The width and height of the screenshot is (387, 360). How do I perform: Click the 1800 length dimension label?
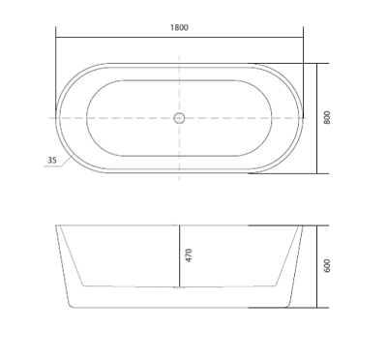coord(179,27)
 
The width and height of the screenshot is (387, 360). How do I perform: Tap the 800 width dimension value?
coord(327,118)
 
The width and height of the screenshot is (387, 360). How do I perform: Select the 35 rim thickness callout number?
coord(52,160)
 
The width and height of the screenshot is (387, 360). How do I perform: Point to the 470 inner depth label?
coord(189,255)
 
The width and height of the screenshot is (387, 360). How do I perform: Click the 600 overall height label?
coord(327,266)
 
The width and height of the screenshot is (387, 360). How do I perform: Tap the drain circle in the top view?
coord(179,118)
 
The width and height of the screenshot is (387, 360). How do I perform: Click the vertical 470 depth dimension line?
coord(180,255)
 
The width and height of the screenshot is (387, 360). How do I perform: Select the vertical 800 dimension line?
coord(317,118)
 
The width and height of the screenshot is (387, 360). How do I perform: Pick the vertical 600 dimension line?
coord(317,266)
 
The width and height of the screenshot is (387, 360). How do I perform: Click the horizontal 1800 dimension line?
coord(179,37)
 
